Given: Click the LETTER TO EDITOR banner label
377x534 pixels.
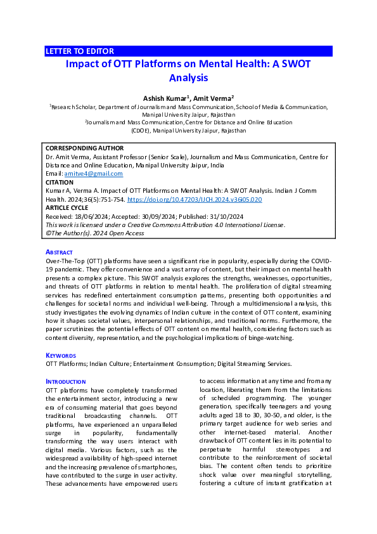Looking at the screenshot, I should tap(80, 51).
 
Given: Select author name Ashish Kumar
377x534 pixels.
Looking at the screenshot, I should tap(165, 98).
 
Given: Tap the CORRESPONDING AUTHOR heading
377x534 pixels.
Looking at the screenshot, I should tap(85, 148).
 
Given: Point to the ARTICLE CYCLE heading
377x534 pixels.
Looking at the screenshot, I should tap(67, 207).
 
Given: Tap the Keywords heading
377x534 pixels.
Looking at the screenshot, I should tap(61, 355).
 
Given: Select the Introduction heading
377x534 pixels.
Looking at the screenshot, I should tap(67, 381).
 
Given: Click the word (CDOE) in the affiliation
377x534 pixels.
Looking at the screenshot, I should tap(142, 130).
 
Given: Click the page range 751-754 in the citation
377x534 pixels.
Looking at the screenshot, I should tap(112, 199).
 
